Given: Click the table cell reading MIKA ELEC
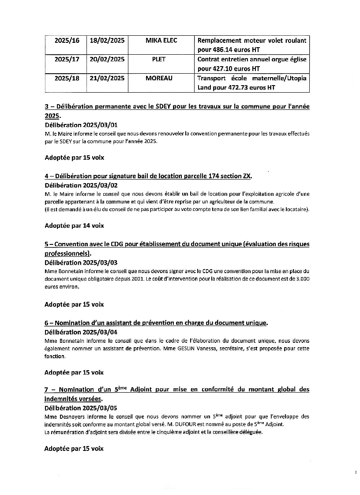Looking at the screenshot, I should [x=161, y=41].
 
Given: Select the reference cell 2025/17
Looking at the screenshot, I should [x=67, y=59].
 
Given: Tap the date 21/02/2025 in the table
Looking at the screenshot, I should [x=107, y=78].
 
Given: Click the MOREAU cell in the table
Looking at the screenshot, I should [x=161, y=78].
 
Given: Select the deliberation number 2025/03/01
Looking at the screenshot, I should [x=100, y=125].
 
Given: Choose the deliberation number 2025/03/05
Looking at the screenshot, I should [x=100, y=408].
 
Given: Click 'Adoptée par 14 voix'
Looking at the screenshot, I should [x=74, y=225].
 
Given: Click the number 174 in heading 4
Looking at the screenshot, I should [x=214, y=176].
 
